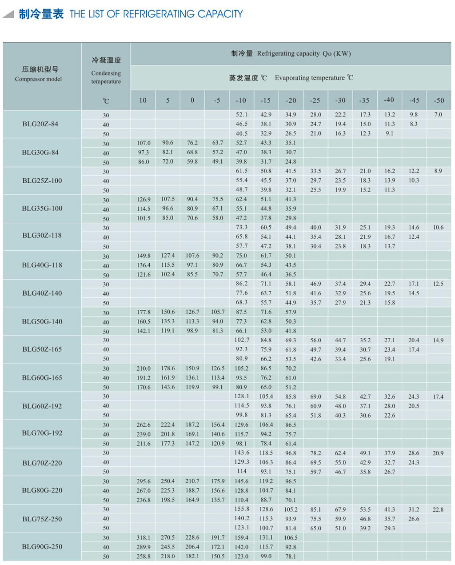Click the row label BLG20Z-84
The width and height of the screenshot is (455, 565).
40,124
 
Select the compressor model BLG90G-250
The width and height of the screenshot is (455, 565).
42,547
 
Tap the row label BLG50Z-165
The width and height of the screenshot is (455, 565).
42,349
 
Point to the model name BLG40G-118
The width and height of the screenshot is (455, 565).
42,265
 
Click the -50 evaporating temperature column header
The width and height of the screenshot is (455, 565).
439,100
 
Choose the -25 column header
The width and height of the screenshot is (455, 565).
315,100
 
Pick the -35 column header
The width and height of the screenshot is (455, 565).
364,100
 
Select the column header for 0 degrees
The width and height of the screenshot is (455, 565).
192,100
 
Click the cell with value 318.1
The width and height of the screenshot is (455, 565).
144,537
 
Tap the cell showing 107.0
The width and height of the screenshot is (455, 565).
144,143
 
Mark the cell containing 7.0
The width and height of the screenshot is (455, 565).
438,115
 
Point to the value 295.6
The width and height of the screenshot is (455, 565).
144,481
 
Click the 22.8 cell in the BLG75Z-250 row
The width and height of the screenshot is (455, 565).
438,509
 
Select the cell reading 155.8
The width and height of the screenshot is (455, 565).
242,509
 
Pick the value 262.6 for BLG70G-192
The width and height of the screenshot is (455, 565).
144,425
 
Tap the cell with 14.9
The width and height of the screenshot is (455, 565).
438,340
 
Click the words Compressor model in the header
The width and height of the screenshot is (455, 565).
38,79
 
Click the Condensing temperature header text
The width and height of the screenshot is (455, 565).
106,77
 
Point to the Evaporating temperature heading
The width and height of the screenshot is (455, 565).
310,78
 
